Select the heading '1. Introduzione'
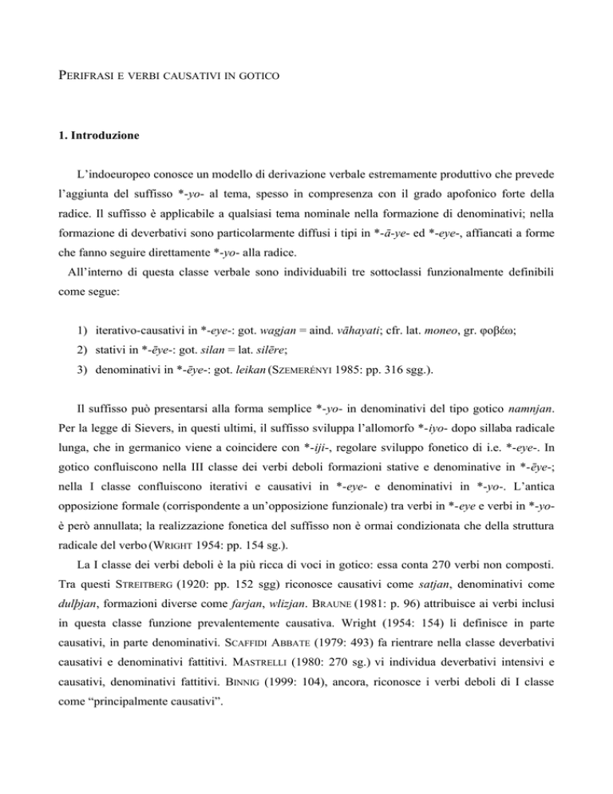point(90,137)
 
